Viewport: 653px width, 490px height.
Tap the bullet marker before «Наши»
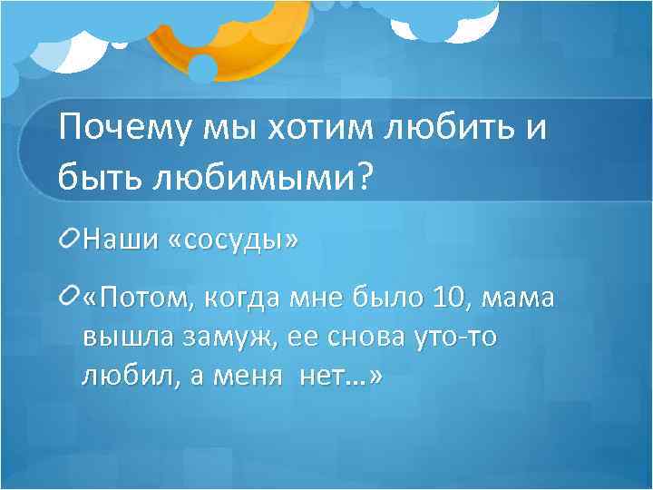(70, 240)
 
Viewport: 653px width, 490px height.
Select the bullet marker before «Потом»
(70, 296)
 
